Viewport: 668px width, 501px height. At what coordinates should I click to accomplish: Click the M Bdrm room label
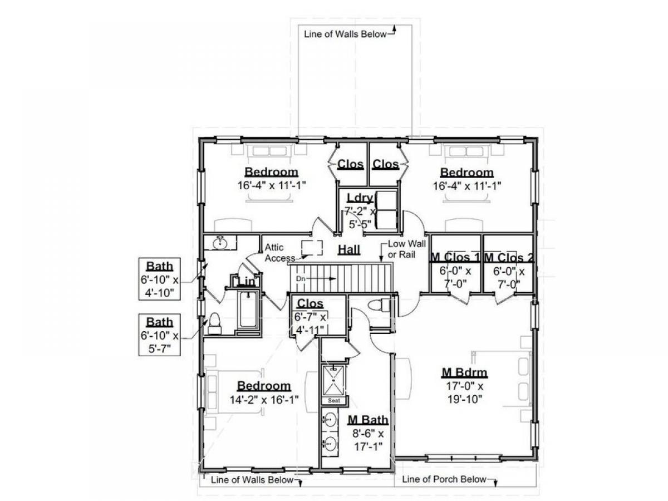click(464, 372)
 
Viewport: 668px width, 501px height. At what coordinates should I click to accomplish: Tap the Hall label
click(349, 249)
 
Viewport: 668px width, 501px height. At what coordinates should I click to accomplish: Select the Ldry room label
click(360, 198)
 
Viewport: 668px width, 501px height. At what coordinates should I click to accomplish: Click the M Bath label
click(368, 420)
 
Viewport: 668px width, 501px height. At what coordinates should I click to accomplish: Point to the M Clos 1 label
click(455, 257)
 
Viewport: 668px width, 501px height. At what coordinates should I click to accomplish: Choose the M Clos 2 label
click(509, 258)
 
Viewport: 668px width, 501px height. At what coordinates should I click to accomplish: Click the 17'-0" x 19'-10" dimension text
click(465, 392)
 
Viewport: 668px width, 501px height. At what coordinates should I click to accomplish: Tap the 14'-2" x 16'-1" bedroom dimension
click(264, 399)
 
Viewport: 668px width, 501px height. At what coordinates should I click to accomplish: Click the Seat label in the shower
click(334, 401)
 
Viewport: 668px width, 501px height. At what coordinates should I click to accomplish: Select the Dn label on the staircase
click(301, 278)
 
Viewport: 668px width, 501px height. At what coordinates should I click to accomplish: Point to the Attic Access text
click(279, 253)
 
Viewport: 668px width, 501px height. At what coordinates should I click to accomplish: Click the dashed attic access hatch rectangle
click(312, 248)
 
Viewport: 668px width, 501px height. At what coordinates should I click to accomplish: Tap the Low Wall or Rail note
click(406, 249)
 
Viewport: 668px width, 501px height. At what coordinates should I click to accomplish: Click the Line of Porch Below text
click(444, 479)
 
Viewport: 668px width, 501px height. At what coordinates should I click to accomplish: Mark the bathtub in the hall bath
click(248, 310)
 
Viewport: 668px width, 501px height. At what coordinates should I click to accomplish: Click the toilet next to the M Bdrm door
click(379, 305)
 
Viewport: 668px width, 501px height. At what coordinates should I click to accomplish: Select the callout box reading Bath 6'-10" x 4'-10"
click(159, 279)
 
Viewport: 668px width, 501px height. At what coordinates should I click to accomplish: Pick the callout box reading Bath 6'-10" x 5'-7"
click(159, 335)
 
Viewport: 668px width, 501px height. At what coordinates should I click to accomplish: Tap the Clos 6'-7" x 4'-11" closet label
click(310, 316)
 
